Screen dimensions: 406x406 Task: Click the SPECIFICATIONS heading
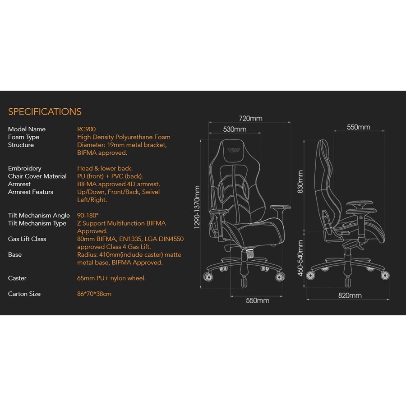coord(45,112)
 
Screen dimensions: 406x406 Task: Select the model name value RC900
coord(86,129)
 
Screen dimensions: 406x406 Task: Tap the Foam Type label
coord(23,137)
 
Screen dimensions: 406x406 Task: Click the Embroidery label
coord(24,168)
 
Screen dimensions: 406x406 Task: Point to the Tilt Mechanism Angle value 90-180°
coord(88,216)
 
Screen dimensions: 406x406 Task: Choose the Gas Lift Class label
coord(27,239)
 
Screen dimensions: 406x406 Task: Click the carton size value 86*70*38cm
coord(94,294)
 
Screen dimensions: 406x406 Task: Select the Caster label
coord(17,278)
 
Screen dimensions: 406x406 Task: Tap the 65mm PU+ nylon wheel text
coord(111,278)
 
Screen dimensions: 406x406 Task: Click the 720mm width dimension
coord(250,119)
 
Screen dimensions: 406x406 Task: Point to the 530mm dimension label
coord(235,129)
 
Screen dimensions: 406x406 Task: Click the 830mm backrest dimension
coord(300,182)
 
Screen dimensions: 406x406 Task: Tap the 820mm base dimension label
coord(350,296)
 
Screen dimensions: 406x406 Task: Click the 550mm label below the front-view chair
coord(257,300)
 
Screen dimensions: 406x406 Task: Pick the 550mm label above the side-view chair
coord(358,128)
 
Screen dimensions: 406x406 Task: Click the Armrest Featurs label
coord(31,192)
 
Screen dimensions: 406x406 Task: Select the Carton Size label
coord(24,294)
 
